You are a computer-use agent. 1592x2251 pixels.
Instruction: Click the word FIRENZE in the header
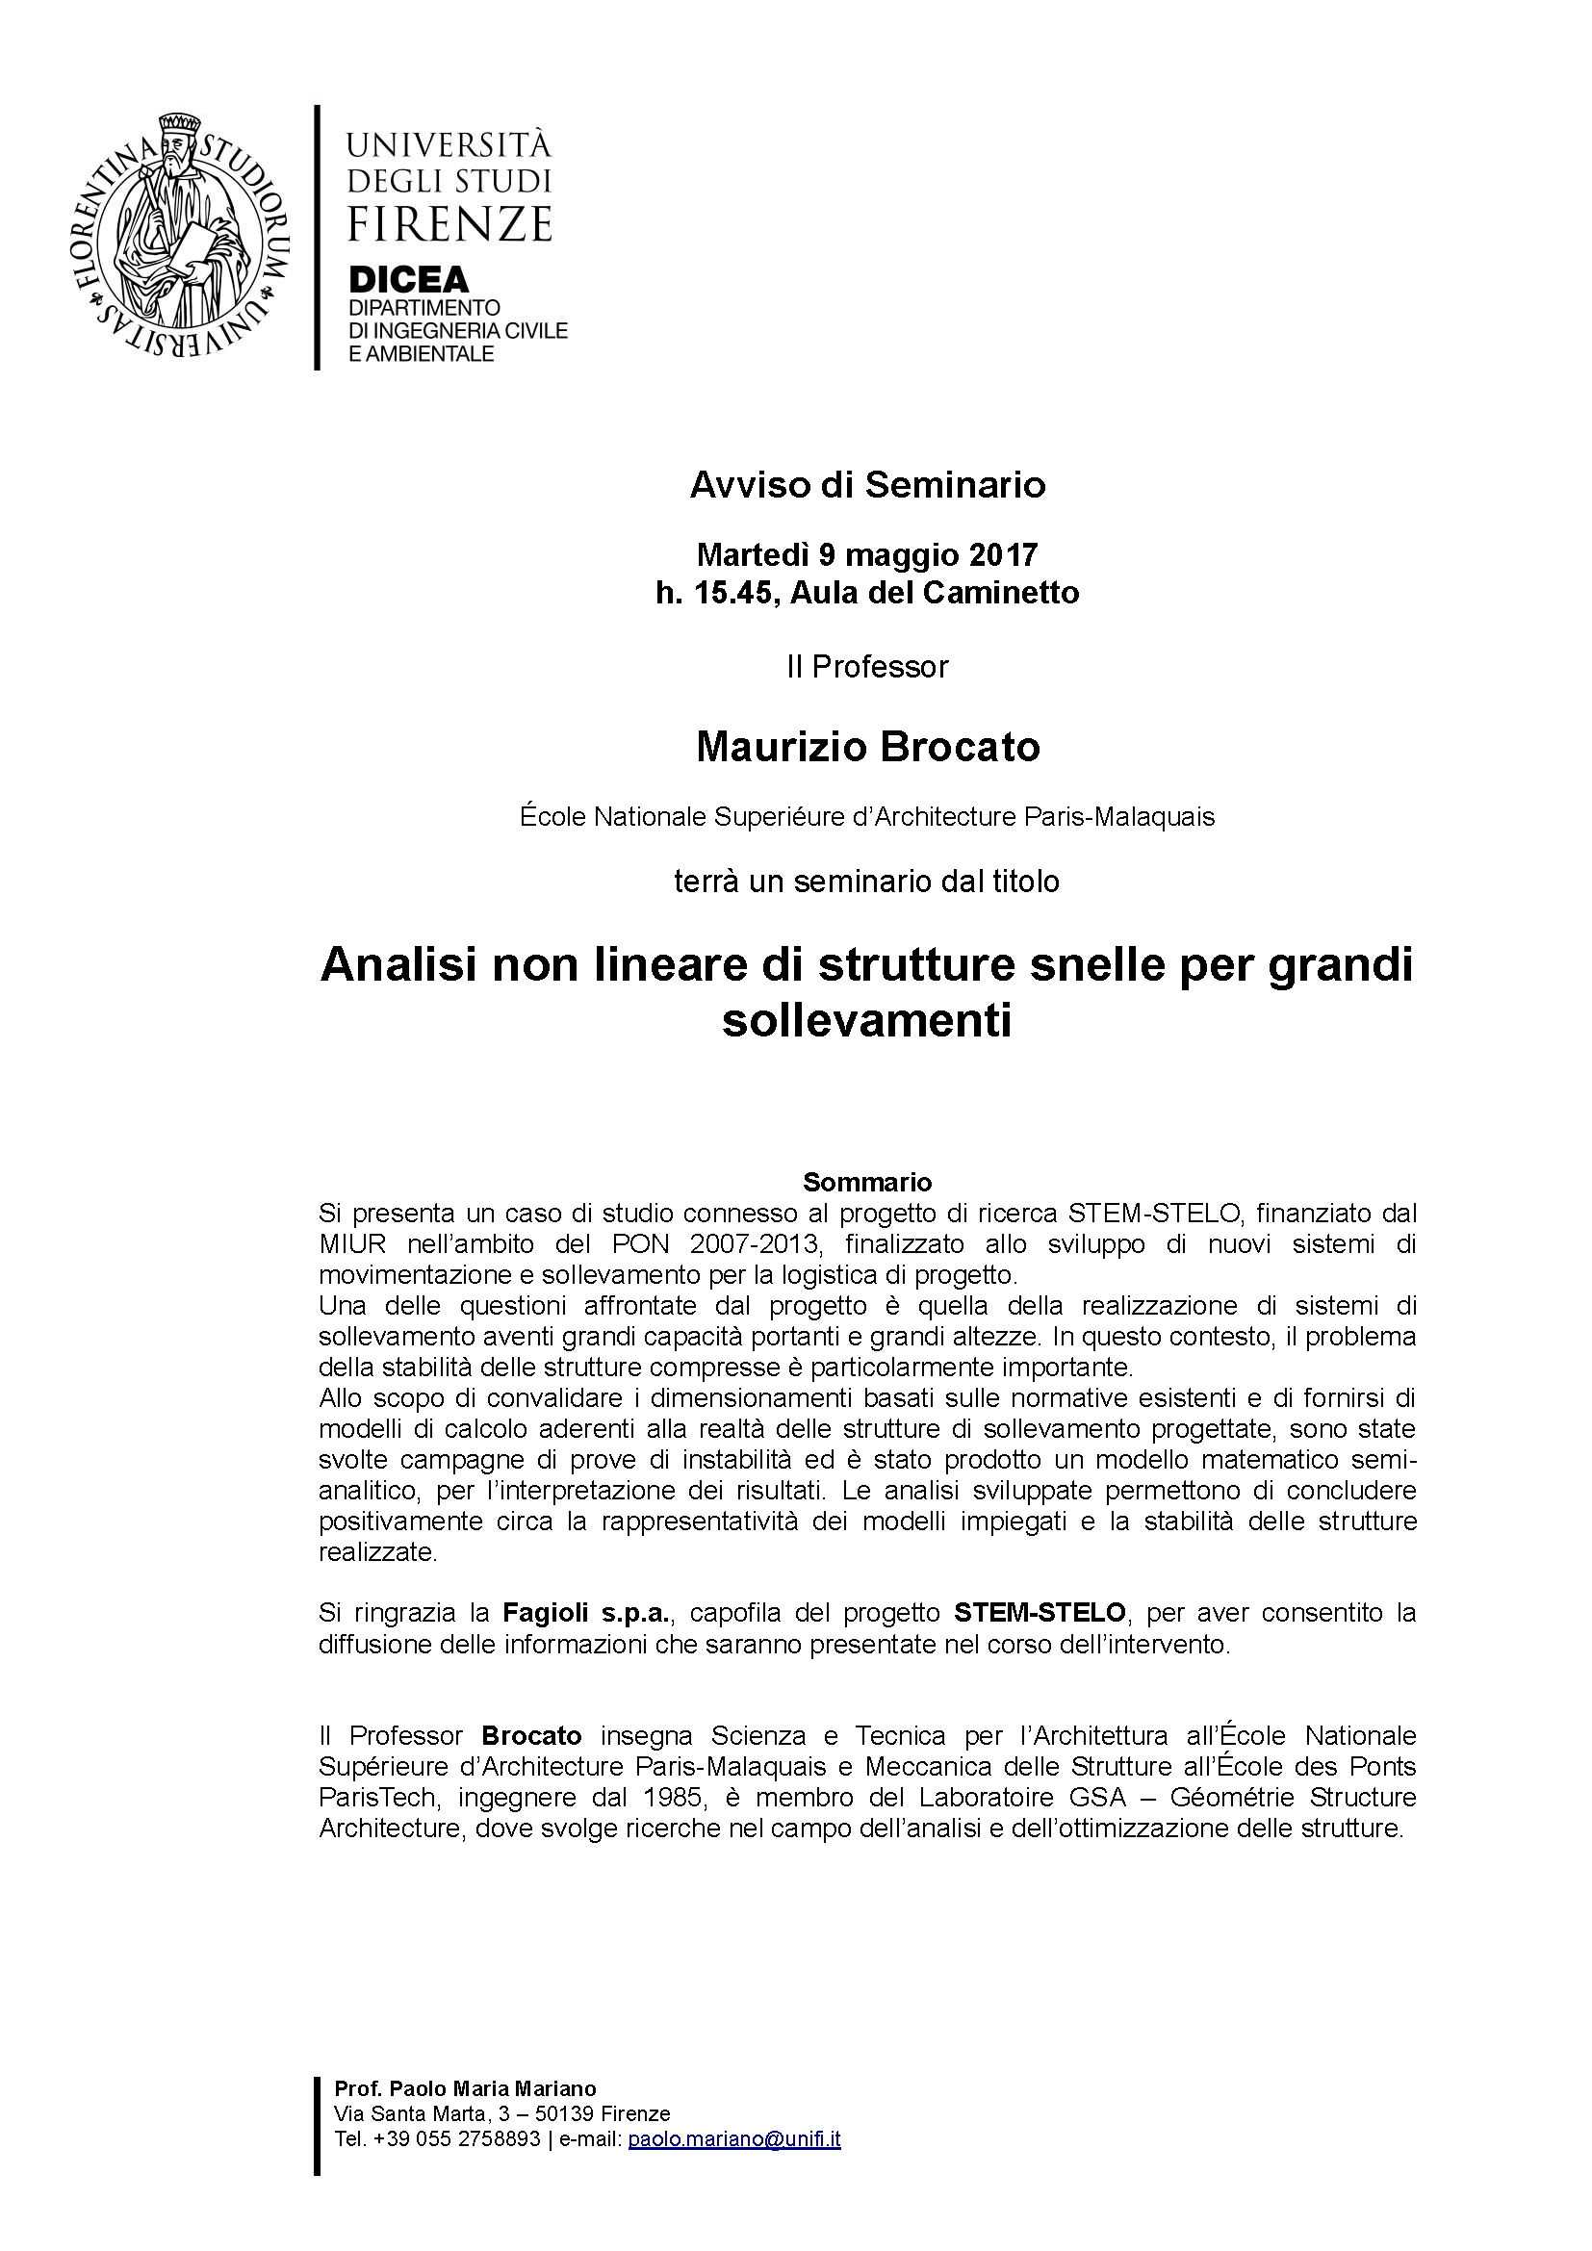tap(449, 224)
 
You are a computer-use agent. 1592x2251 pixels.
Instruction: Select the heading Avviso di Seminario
tap(866, 485)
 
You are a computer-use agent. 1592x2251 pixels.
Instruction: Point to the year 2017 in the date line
tap(1003, 555)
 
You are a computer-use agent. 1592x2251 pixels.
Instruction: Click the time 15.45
tap(734, 592)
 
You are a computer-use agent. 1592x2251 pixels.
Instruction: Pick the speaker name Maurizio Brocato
tap(866, 747)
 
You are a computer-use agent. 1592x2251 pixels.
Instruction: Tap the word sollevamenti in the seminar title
tap(866, 1022)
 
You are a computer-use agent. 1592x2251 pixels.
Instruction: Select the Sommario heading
tap(866, 1182)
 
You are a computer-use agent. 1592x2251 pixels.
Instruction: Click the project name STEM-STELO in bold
tap(1041, 1613)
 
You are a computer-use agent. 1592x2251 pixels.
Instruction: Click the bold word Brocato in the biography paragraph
tap(532, 1736)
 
